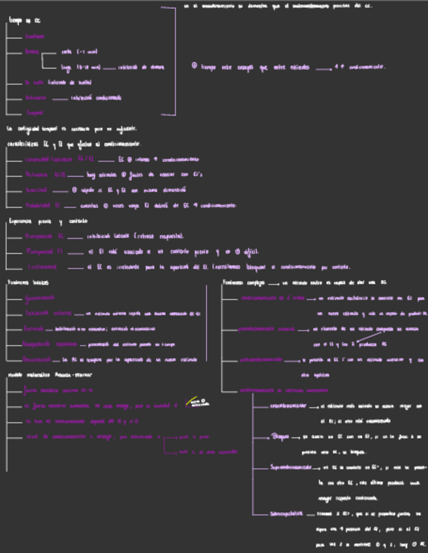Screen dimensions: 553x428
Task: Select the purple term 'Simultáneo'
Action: pos(35,37)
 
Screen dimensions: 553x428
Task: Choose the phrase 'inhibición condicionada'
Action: pos(96,98)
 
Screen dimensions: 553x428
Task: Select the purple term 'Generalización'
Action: pos(39,298)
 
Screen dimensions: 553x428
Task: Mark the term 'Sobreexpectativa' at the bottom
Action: pos(288,513)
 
